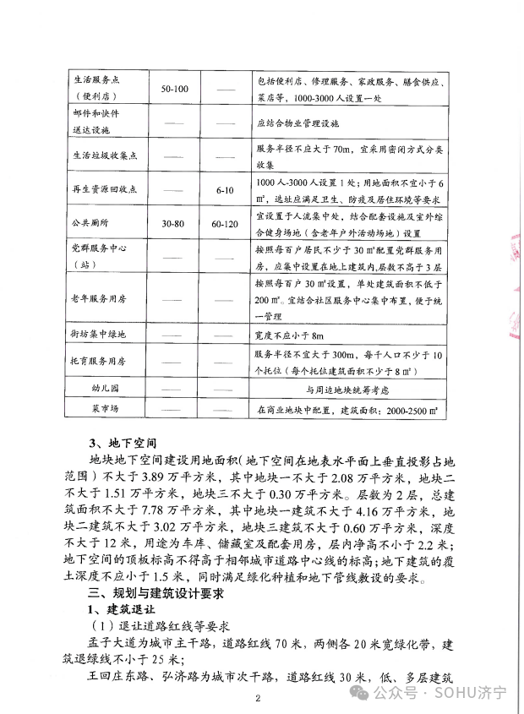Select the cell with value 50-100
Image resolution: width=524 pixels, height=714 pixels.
[174, 88]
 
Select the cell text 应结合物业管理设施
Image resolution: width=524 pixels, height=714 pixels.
[297, 123]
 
